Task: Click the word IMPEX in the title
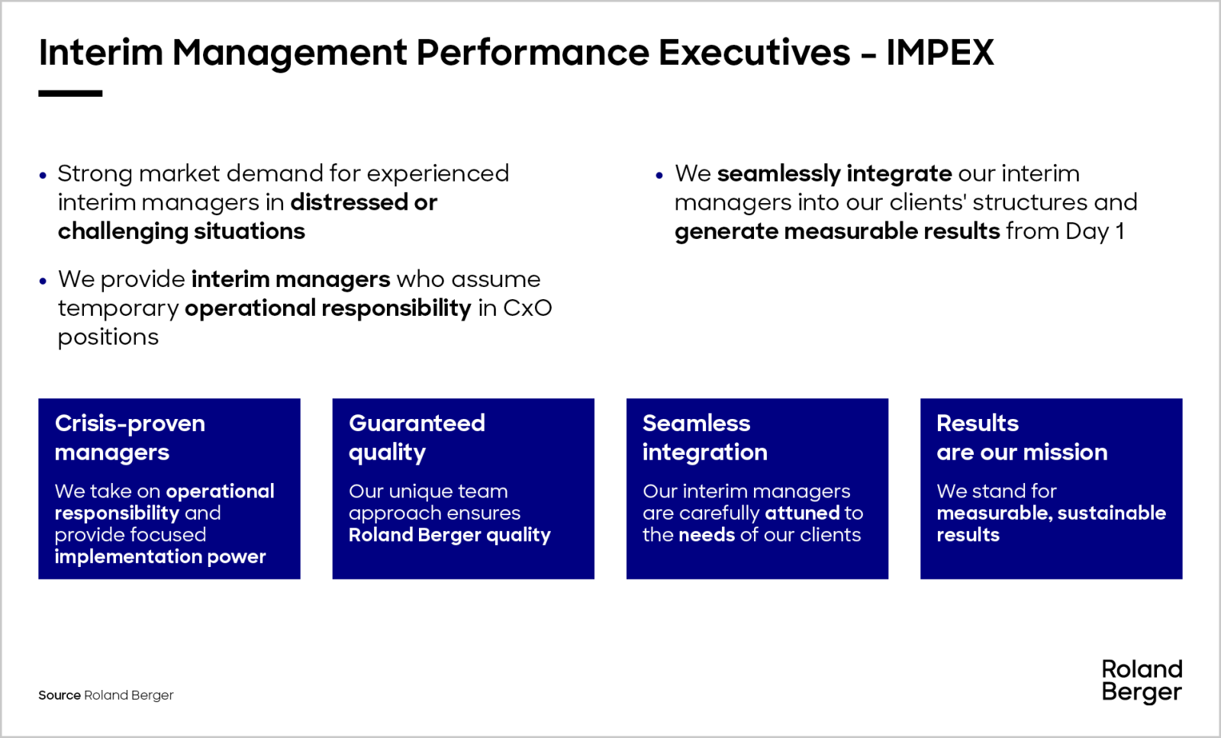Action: coord(940,53)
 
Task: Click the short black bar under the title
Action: coord(70,94)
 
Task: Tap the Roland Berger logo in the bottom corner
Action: coord(1142,682)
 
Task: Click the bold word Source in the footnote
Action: coord(60,695)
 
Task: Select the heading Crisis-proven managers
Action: coord(130,437)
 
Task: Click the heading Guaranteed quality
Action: coord(417,437)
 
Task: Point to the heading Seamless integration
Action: coord(705,437)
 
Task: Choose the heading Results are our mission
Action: coord(1022,437)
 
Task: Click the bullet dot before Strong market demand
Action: coord(43,176)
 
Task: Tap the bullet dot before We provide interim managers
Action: coord(43,282)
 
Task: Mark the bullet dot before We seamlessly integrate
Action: coord(659,176)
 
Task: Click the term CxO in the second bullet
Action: coord(527,308)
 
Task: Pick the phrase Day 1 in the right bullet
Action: coord(1094,231)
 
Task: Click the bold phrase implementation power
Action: coord(160,556)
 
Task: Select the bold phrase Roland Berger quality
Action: coord(449,535)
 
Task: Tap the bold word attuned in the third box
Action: coord(802,513)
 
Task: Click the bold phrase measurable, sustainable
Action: coord(1052,513)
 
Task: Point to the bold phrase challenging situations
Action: coord(182,232)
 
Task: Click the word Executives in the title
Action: coord(755,53)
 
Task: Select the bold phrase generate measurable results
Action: coord(837,232)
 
